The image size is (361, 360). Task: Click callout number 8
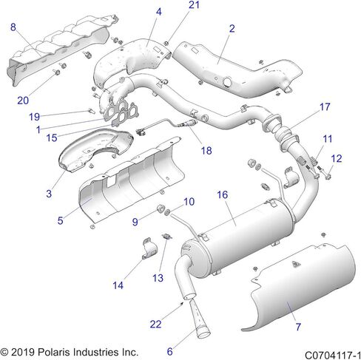(x=13, y=27)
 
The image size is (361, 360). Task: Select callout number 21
(x=194, y=5)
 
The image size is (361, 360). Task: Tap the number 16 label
(x=222, y=195)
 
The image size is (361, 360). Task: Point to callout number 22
(x=155, y=324)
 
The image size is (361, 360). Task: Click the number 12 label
(x=337, y=158)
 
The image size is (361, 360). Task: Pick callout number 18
(x=206, y=150)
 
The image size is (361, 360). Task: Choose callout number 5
(x=61, y=220)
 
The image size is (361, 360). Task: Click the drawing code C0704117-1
(x=333, y=356)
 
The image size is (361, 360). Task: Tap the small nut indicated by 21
(x=166, y=44)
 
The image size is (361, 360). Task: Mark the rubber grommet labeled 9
(x=161, y=208)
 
